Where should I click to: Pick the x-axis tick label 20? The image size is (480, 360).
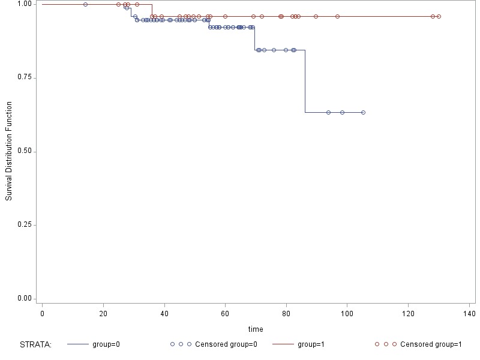(x=103, y=314)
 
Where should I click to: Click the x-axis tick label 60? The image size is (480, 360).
(x=225, y=314)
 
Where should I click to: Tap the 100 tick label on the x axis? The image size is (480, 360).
(x=347, y=314)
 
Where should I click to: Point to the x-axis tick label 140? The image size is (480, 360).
(x=469, y=314)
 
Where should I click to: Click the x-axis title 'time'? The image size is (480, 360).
(x=256, y=329)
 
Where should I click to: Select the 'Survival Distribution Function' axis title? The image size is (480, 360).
(x=9, y=152)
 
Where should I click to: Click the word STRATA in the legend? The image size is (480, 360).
(x=36, y=344)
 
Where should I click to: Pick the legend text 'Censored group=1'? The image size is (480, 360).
(x=431, y=344)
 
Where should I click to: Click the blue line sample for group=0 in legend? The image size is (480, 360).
(x=78, y=344)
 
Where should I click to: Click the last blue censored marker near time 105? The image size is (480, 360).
(x=363, y=112)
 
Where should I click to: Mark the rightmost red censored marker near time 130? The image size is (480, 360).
(x=439, y=16)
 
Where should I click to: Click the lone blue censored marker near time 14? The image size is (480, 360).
(x=85, y=4)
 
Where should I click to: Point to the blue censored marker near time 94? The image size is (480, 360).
(x=328, y=112)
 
